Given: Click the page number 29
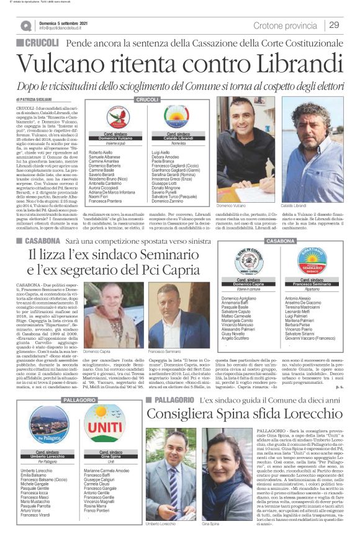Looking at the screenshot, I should [x=334, y=25].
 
